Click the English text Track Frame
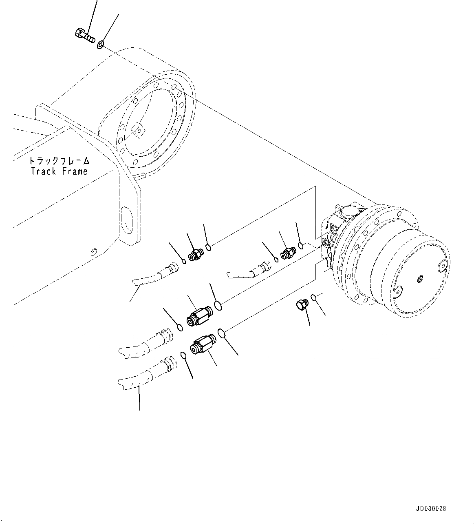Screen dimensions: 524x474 point(59,171)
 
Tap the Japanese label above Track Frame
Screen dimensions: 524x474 point(60,161)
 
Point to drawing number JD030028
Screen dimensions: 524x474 point(431,508)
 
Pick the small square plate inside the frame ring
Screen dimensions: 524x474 point(138,130)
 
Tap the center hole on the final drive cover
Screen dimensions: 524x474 point(419,279)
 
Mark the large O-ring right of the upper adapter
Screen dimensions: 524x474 point(218,305)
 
